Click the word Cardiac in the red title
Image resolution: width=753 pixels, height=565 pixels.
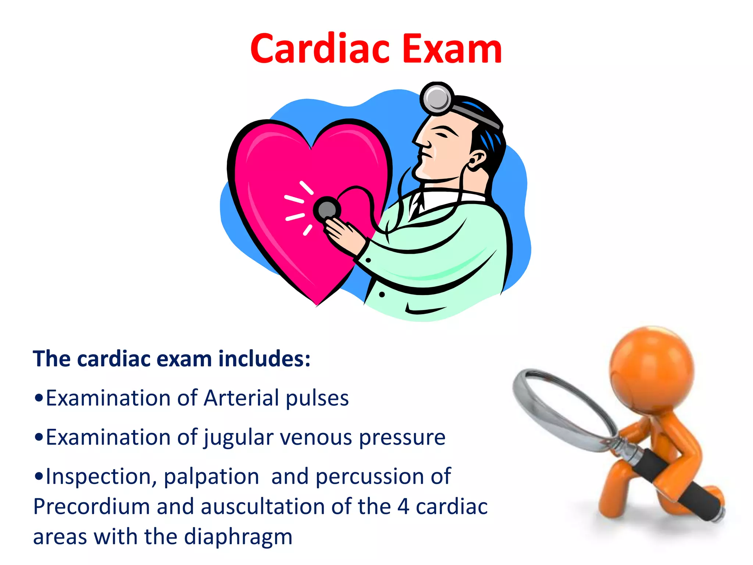pyautogui.click(x=320, y=49)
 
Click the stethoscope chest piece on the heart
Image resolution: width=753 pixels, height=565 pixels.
pyautogui.click(x=327, y=210)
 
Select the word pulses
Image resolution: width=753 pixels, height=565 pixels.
pyautogui.click(x=317, y=398)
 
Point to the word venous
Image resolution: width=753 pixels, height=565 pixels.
pyautogui.click(x=316, y=438)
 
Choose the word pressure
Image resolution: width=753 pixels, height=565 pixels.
pyautogui.click(x=402, y=438)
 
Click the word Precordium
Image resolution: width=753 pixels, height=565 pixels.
pyautogui.click(x=92, y=507)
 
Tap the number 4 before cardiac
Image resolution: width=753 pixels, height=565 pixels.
pyautogui.click(x=403, y=507)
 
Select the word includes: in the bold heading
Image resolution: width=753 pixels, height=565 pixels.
pyautogui.click(x=264, y=359)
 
